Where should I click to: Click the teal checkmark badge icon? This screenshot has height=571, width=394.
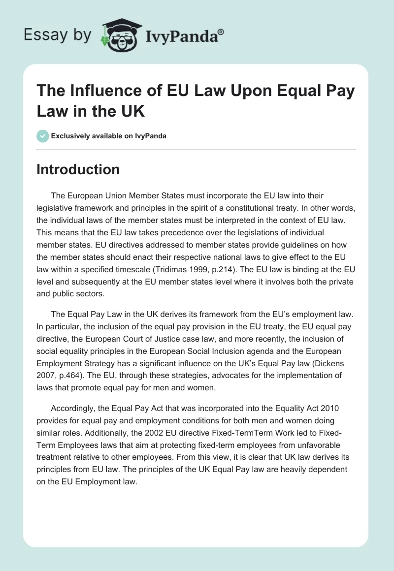click(42, 135)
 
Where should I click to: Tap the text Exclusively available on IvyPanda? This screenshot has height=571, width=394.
click(108, 136)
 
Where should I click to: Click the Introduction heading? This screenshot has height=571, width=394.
click(78, 169)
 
